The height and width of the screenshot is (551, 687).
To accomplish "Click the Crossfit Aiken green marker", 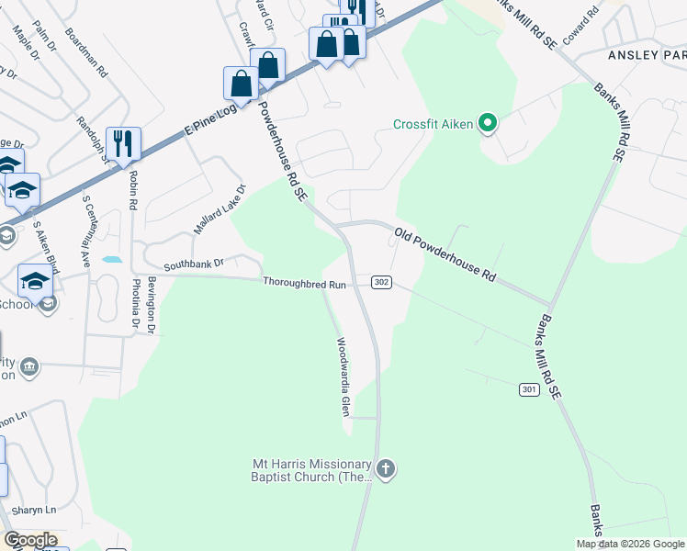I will (488, 123).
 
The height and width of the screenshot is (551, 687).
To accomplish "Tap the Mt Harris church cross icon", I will (386, 470).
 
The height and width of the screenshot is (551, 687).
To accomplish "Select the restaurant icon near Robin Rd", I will (123, 143).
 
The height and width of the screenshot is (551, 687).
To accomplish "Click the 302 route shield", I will (382, 282).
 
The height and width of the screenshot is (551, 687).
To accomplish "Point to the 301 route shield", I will (527, 390).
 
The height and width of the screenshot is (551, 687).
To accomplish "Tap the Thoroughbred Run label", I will (304, 285).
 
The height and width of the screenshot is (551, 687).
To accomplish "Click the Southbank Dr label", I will (194, 264).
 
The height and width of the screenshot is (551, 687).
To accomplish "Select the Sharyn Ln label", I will (34, 510).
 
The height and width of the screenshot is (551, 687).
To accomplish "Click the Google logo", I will (30, 540).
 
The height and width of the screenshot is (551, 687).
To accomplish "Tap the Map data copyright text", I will (630, 544).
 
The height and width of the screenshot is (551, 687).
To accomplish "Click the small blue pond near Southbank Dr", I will (111, 260).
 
